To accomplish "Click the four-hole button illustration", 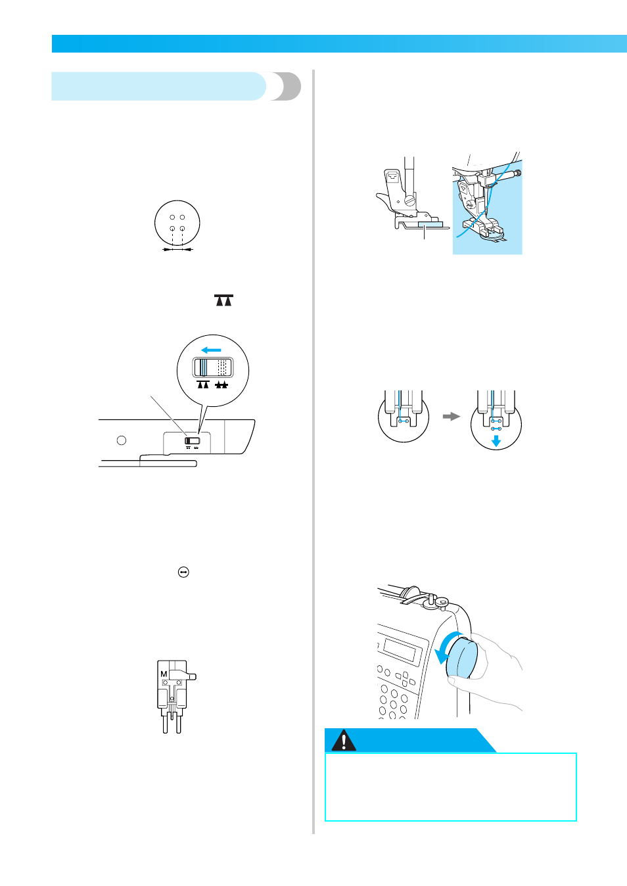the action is pos(177,223).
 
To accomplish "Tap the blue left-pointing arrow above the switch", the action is pos(211,350).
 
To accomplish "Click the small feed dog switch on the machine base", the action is pos(193,441).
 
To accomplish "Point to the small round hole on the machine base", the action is pos(122,440).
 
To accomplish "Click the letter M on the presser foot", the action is pos(164,674).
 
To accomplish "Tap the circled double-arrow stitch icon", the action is pos(183,572).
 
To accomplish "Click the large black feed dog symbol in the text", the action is pos(223,300).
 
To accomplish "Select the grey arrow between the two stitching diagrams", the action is pos(452,417).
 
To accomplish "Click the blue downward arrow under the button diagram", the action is pos(496,442).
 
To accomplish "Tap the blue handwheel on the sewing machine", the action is pos(461,657).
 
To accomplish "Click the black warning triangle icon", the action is pos(344,741).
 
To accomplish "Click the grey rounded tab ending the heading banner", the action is pos(287,86).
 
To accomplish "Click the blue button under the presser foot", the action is pos(430,225).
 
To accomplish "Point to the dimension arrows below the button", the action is pos(177,249).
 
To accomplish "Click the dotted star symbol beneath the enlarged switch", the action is pos(221,385).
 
